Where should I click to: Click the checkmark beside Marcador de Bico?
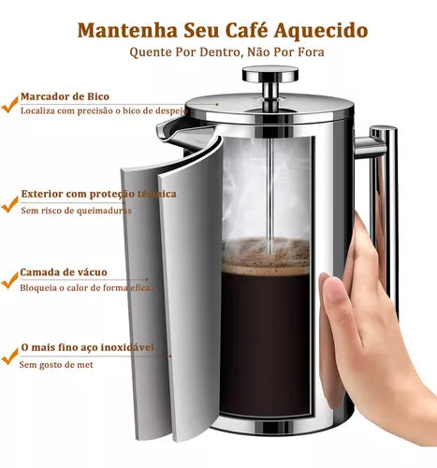pyautogui.click(x=7, y=98)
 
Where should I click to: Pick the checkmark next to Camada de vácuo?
pyautogui.click(x=7, y=278)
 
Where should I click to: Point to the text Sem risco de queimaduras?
pyautogui.click(x=76, y=211)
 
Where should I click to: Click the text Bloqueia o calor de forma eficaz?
pyautogui.click(x=86, y=287)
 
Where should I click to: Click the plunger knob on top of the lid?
pyautogui.click(x=269, y=73)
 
